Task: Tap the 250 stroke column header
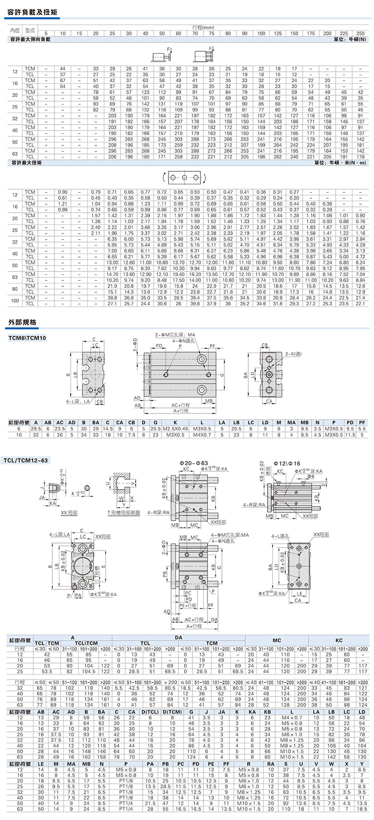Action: (x=360, y=33)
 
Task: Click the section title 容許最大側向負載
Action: (x=30, y=39)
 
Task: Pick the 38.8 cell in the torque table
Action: (x=112, y=297)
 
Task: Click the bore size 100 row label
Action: (x=15, y=300)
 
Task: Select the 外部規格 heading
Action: (x=22, y=322)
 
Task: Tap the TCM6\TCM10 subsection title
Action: (x=27, y=338)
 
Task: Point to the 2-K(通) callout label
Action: (x=293, y=353)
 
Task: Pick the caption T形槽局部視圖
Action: (x=123, y=513)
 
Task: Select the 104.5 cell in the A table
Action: (x=88, y=671)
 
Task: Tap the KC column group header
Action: (x=339, y=640)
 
